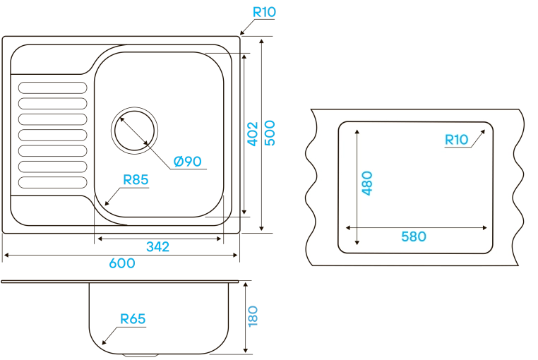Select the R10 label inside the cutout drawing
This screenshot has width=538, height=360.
click(457, 139)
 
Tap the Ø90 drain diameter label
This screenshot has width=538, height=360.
click(188, 162)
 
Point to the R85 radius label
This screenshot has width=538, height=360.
click(136, 180)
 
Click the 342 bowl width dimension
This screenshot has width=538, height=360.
click(157, 246)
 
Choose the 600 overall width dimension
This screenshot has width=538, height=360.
click(121, 263)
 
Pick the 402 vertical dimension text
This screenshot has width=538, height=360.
click(253, 131)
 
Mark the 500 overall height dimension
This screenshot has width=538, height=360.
click(270, 131)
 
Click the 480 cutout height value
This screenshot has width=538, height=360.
click(366, 183)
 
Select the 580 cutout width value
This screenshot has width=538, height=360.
click(414, 236)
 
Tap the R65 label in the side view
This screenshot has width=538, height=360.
click(132, 319)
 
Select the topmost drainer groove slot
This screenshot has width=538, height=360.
click(52, 87)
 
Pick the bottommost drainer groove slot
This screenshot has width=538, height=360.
click(52, 182)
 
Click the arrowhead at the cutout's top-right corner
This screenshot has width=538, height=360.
click(484, 131)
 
